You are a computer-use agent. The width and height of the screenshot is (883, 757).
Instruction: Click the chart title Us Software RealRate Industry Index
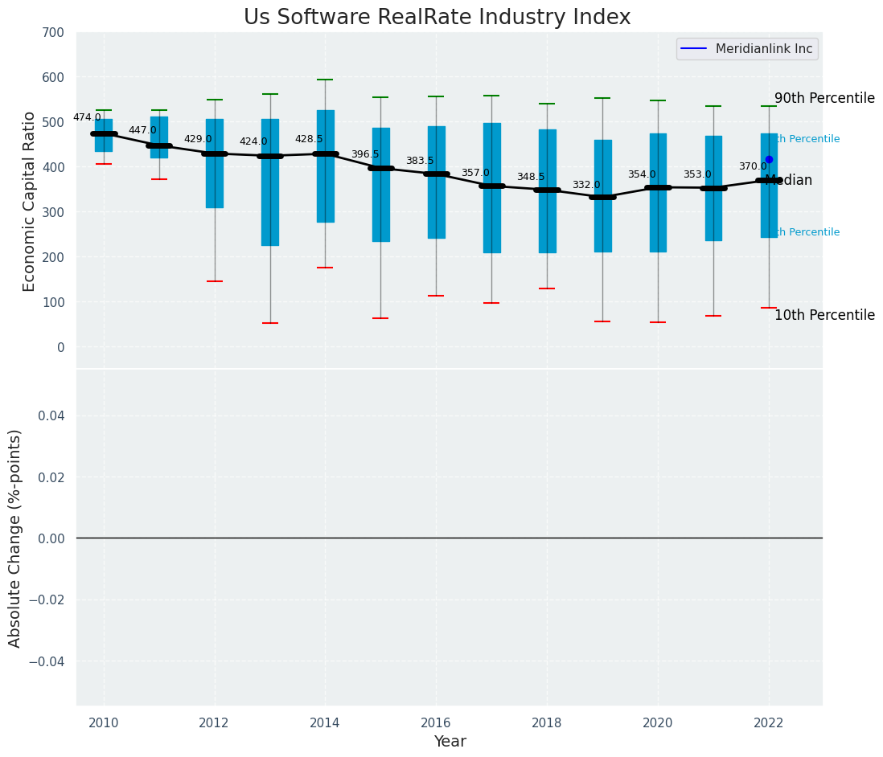[437, 18]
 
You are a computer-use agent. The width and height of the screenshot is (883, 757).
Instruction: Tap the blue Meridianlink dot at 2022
[769, 159]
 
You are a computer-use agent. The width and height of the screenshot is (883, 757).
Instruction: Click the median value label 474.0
[87, 117]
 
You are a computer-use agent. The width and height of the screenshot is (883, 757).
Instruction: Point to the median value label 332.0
[586, 185]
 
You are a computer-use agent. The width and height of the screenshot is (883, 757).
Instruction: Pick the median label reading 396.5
[364, 154]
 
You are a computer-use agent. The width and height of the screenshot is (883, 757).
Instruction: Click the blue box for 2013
[270, 182]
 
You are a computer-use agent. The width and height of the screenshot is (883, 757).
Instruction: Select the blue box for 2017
[491, 188]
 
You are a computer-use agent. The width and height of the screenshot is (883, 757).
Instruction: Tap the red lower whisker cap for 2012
[215, 281]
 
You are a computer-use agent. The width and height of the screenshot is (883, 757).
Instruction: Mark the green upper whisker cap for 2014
[325, 80]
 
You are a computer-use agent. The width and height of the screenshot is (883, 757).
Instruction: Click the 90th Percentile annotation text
[824, 98]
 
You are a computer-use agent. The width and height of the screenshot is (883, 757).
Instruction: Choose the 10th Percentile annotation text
[824, 315]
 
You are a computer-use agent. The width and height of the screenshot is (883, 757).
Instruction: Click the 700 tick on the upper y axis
[54, 33]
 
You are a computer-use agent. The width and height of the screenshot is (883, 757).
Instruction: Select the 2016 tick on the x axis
[436, 723]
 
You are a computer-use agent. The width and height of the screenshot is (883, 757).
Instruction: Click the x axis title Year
[450, 742]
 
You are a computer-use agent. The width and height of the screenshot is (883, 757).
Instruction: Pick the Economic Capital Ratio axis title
[30, 201]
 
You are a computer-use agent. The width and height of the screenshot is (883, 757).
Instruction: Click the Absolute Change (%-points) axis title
[15, 538]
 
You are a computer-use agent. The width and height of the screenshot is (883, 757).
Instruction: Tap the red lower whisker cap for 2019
[602, 321]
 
